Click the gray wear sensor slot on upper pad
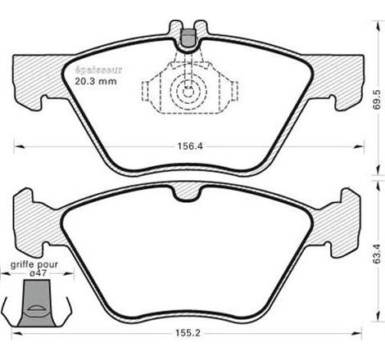pyautogui.click(x=188, y=36)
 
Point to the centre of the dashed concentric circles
pyautogui.click(x=191, y=93)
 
